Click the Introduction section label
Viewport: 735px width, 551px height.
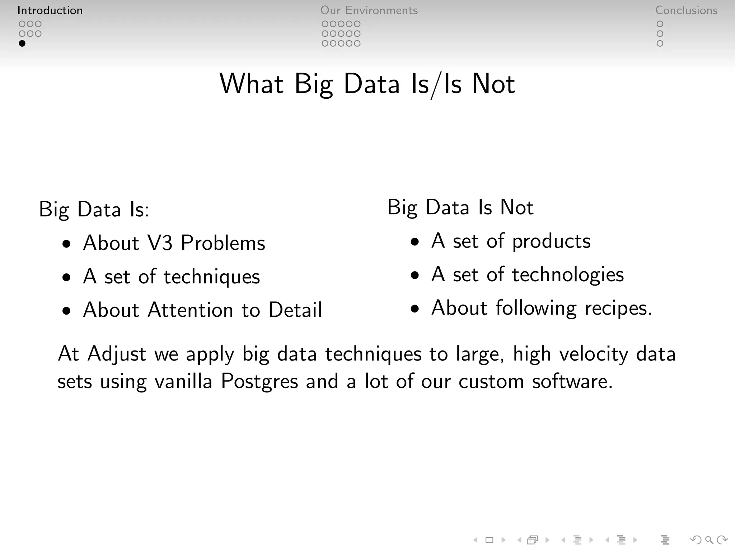[x=50, y=10]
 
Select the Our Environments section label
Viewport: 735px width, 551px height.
[x=369, y=10]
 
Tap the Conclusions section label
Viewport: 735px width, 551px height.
[x=686, y=10]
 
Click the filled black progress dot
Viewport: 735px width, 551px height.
[x=22, y=43]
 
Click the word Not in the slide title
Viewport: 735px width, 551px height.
[x=493, y=84]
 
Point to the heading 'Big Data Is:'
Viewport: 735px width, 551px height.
[x=94, y=209]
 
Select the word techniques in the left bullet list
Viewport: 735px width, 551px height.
[x=212, y=277]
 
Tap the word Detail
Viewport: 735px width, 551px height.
[x=295, y=310]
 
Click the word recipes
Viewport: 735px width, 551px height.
[x=618, y=308]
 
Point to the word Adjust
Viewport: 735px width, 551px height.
[x=117, y=354]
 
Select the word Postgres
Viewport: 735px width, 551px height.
[x=259, y=381]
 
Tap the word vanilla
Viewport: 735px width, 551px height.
[x=183, y=381]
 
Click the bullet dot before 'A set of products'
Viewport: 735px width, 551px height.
[x=415, y=241]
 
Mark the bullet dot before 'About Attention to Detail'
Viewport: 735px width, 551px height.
[x=66, y=311]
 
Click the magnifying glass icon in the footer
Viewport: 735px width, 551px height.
[x=709, y=540]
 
